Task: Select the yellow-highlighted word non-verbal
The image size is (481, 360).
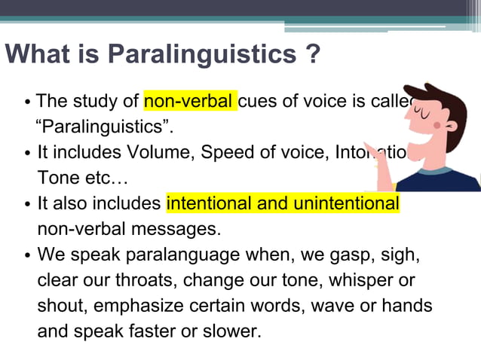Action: (x=189, y=101)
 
